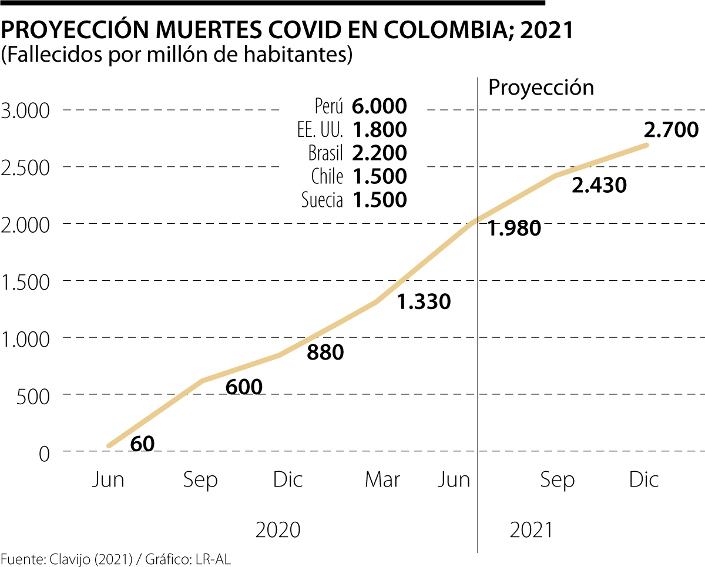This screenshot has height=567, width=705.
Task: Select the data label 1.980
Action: [514, 229]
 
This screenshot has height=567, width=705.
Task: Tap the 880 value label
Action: [325, 352]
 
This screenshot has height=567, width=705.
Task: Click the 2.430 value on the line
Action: [599, 186]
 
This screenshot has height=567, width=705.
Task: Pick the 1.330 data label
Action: [424, 301]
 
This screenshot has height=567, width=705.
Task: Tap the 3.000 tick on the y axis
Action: [27, 110]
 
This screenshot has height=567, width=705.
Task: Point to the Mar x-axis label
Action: [382, 480]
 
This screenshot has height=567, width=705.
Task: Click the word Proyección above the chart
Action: [541, 88]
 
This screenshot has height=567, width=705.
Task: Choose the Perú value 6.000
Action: [380, 106]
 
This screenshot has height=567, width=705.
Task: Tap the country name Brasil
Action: [325, 153]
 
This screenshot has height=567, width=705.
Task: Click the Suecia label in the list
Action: [322, 200]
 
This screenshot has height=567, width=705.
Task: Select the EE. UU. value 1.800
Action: [380, 130]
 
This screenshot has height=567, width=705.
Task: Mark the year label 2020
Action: [278, 530]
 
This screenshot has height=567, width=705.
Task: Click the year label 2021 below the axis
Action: [531, 530]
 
